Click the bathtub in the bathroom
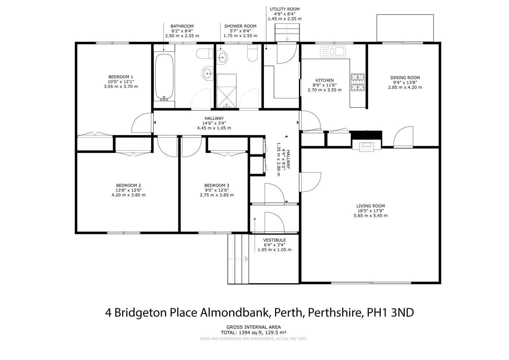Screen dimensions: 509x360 [164, 77]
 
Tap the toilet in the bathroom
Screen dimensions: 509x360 [205, 54]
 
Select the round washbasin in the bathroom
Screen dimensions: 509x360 [208, 73]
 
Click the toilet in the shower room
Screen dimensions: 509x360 [252, 53]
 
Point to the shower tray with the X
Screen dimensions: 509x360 [227, 91]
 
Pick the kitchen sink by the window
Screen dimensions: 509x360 [333, 51]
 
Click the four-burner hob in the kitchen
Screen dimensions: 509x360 [358, 82]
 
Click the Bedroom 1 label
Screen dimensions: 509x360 [121, 77]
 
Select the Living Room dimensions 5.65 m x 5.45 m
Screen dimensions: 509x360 [371, 215]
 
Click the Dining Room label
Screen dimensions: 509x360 [405, 78]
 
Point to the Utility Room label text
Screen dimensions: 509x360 [284, 9]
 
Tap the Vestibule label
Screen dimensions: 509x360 [274, 240]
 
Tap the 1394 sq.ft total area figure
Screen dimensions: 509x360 [251, 333]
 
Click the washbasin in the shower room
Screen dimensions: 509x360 [222, 57]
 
